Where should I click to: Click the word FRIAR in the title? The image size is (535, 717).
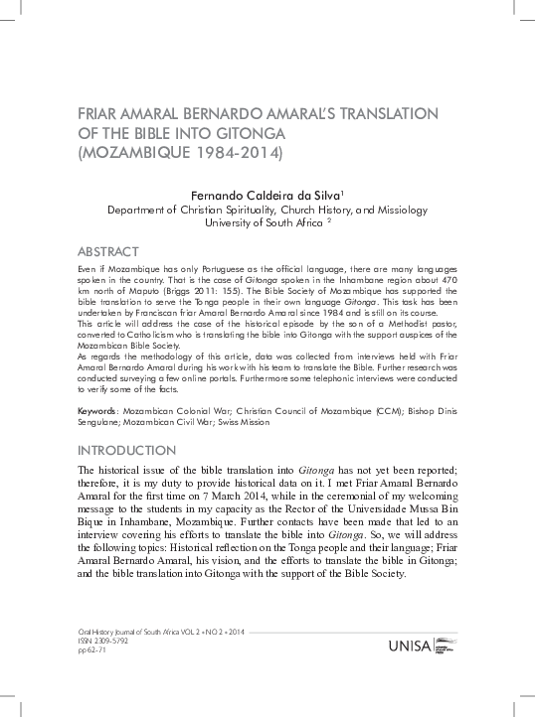click(97, 114)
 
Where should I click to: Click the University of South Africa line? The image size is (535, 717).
click(264, 224)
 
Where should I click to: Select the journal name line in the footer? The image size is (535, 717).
click(159, 631)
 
